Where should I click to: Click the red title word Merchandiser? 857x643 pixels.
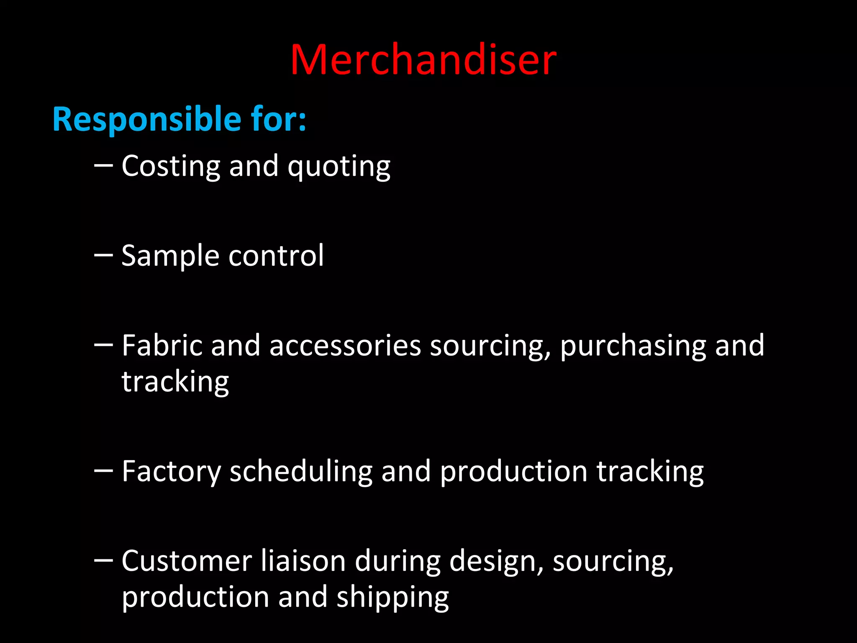pos(423,60)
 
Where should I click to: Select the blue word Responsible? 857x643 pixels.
pos(146,119)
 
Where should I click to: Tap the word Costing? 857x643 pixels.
pos(171,167)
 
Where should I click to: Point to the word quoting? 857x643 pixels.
pos(339,167)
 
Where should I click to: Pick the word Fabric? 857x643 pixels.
pos(162,346)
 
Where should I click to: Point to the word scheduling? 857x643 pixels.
pos(301,472)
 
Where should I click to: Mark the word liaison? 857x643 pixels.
pos(303,561)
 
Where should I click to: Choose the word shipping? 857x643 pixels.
pos(393,598)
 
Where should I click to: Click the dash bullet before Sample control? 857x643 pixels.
pos(103,255)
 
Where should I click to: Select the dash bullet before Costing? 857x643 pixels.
pos(103,165)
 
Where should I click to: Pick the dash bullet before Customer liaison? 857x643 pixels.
pos(103,560)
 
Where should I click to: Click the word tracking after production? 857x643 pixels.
pos(650,472)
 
